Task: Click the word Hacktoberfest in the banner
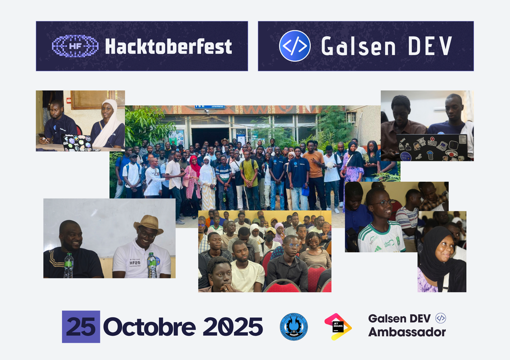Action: point(168,46)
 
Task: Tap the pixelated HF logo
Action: point(75,46)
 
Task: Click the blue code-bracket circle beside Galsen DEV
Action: point(295,46)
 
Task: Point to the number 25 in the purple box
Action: point(81,327)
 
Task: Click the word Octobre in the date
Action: point(149,327)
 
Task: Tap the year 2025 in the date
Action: point(233,327)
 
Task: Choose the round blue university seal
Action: point(294,327)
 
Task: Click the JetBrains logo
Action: point(338,327)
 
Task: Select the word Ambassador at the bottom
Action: point(407,332)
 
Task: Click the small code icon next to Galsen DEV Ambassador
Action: point(441,318)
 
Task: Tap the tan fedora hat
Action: point(148,224)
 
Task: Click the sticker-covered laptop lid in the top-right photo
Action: point(432,147)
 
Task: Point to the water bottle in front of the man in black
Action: point(68,265)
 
